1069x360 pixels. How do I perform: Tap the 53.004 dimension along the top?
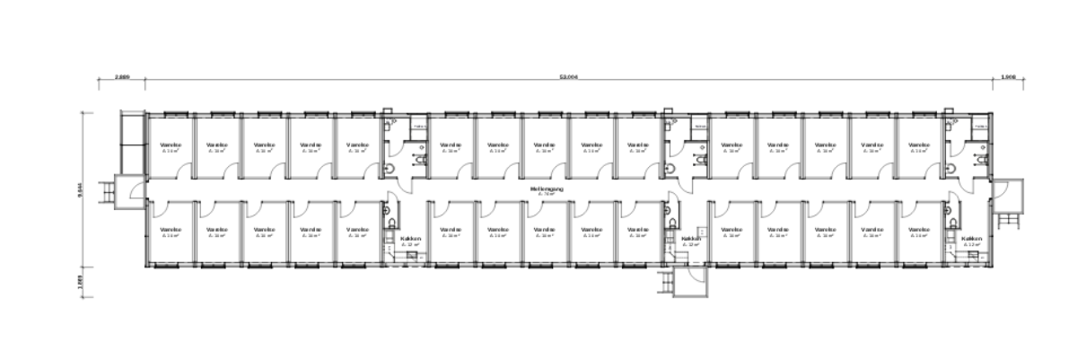pyautogui.click(x=567, y=78)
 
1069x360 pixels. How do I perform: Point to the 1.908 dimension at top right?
pyautogui.click(x=1007, y=78)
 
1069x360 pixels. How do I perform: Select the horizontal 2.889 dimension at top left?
pyautogui.click(x=122, y=78)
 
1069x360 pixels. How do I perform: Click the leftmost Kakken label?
pyautogui.click(x=409, y=239)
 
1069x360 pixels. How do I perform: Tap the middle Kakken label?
pyautogui.click(x=690, y=239)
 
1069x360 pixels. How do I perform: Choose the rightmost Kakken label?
pyautogui.click(x=971, y=239)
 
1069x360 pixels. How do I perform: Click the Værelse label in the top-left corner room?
pyautogui.click(x=171, y=145)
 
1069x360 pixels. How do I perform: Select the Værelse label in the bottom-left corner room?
pyautogui.click(x=171, y=230)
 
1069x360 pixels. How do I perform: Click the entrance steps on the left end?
pyautogui.click(x=108, y=190)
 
